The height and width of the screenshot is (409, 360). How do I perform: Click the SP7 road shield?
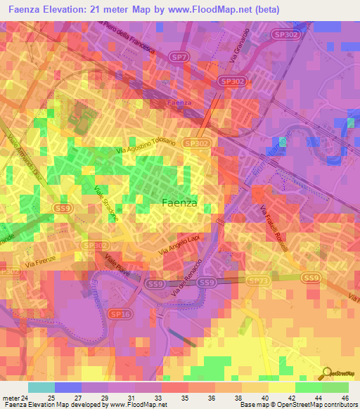pos(179,56)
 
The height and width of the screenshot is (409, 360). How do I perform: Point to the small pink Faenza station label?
pos(179,103)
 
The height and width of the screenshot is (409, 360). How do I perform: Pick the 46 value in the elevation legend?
pos(345,397)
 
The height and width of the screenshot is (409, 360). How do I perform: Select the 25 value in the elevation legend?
pos(51,397)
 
